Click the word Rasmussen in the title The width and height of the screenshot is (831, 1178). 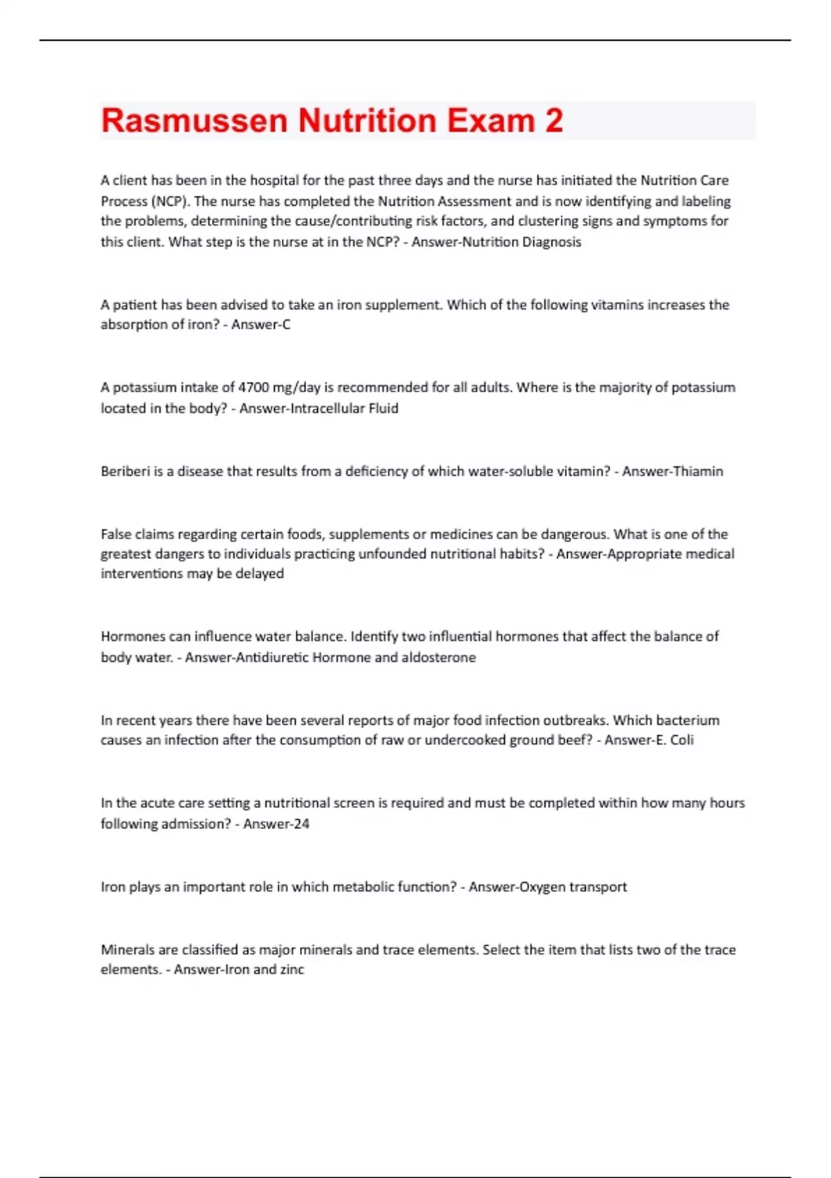coord(195,121)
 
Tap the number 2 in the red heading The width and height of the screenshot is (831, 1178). coord(554,121)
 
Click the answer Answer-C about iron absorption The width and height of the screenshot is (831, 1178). coord(261,324)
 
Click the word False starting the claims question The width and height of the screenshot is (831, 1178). coord(116,534)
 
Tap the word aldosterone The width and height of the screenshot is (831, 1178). coord(438,657)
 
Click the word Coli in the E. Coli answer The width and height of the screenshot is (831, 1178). coord(682,740)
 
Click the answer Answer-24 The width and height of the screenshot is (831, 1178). coord(276,824)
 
